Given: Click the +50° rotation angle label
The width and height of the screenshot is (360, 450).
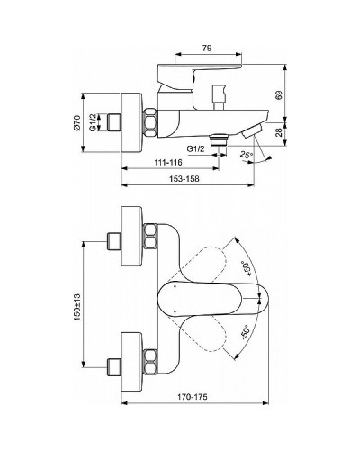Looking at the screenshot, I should pos(247,268).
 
